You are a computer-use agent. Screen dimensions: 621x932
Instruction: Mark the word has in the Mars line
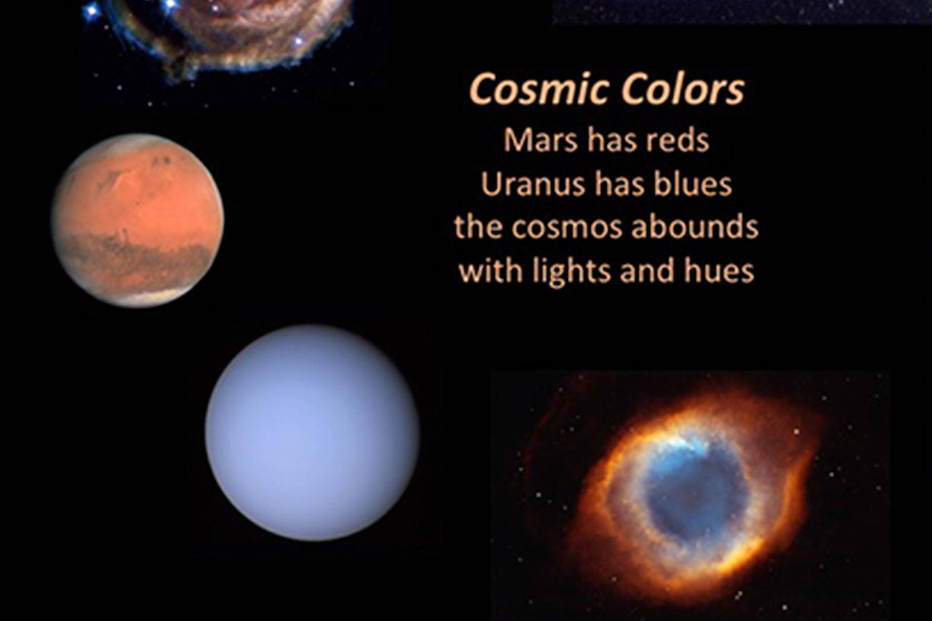click(606, 140)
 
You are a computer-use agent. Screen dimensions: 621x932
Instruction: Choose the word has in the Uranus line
click(603, 185)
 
